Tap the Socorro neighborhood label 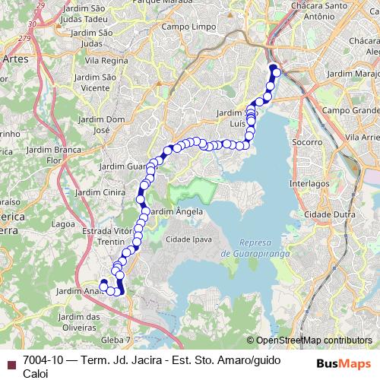(306, 142)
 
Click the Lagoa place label (64, 224)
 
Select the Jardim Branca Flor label (52, 155)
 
